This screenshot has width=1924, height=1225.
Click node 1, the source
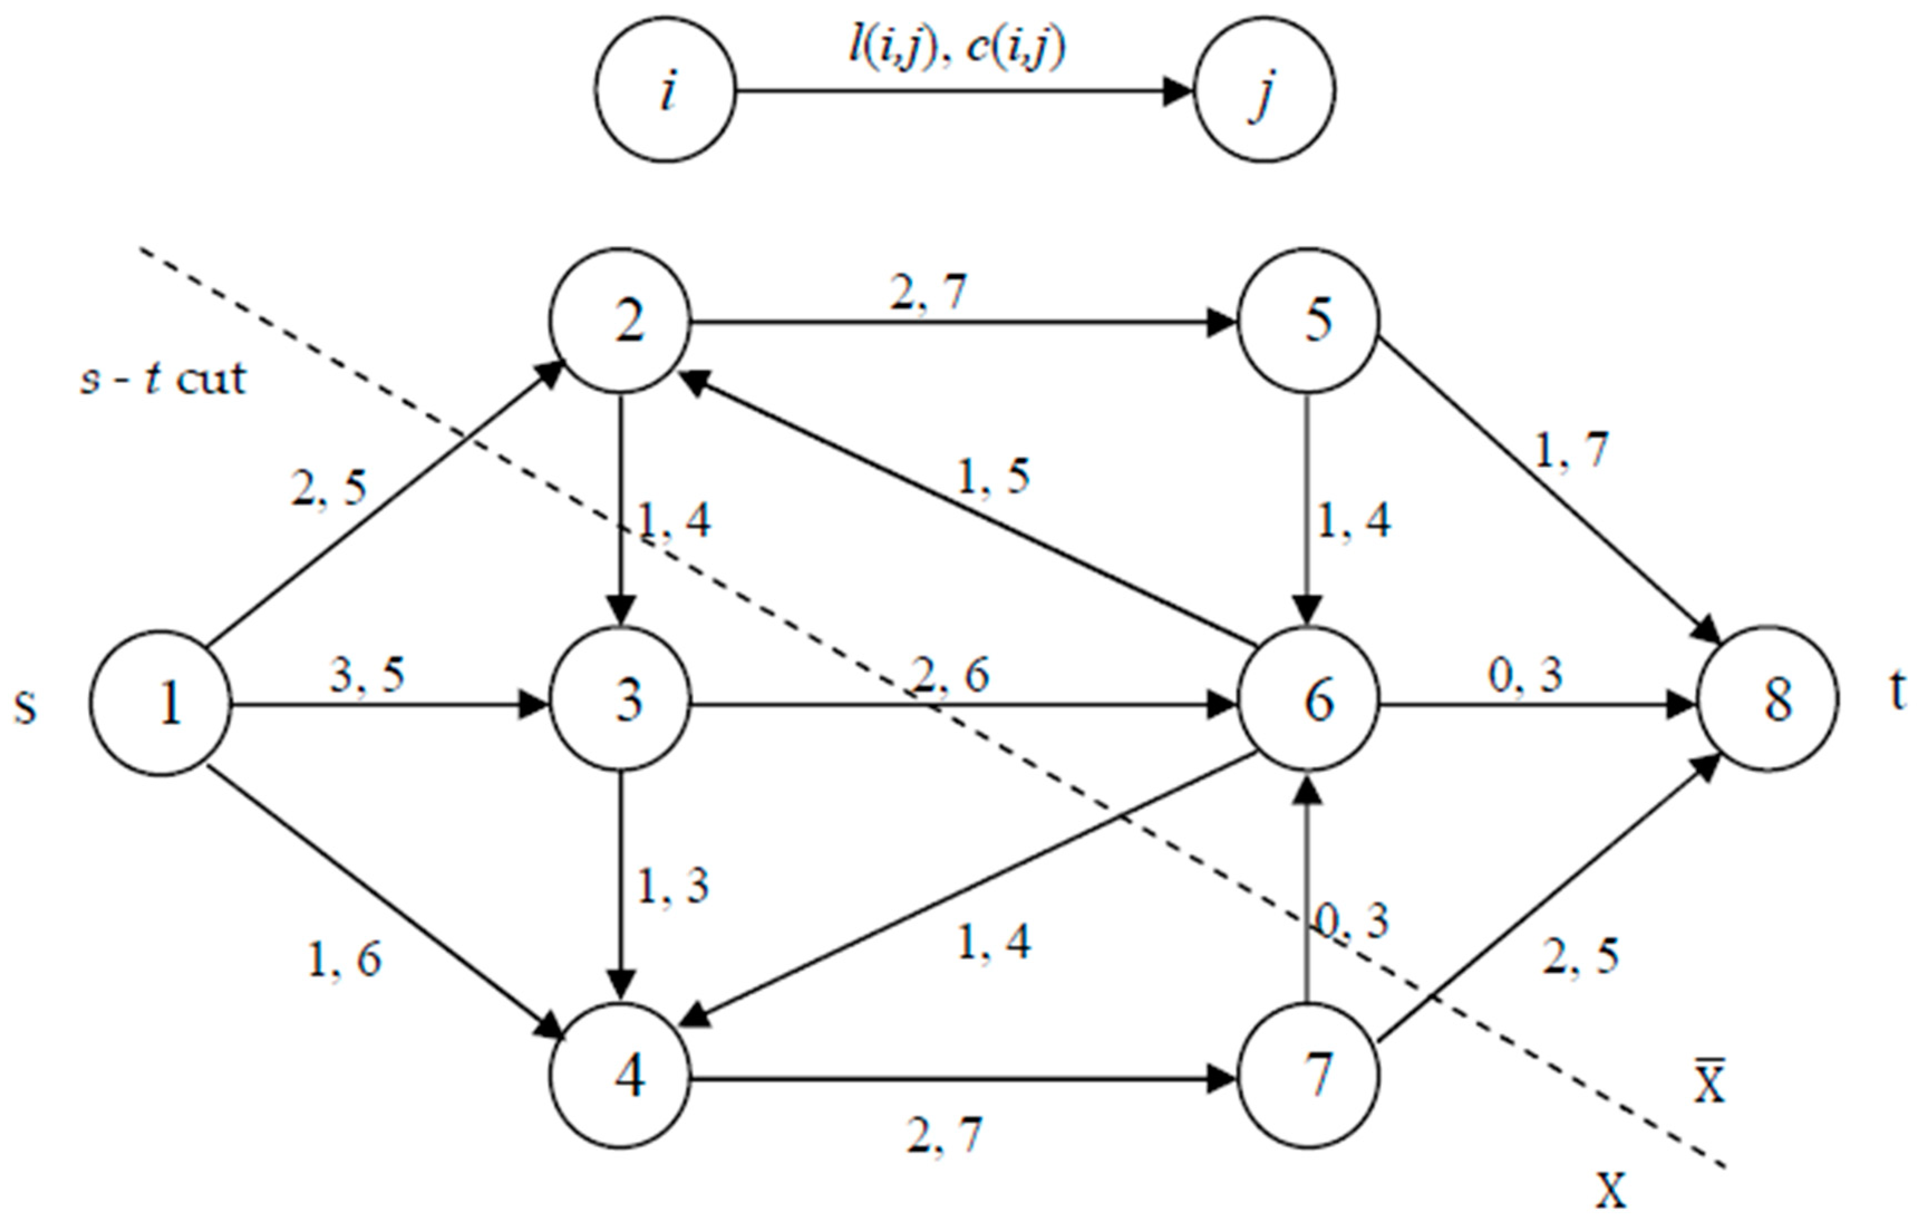coord(160,703)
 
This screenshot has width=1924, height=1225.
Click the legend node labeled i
coord(666,90)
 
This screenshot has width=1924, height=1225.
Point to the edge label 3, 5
coord(367,675)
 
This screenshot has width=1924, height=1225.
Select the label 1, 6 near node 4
coord(345,959)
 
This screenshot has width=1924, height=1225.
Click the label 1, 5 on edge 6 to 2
coord(993,478)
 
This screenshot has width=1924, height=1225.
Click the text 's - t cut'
coord(164,379)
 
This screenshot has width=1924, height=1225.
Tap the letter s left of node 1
coord(26,706)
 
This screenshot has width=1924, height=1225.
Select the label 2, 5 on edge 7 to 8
coord(1581,956)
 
